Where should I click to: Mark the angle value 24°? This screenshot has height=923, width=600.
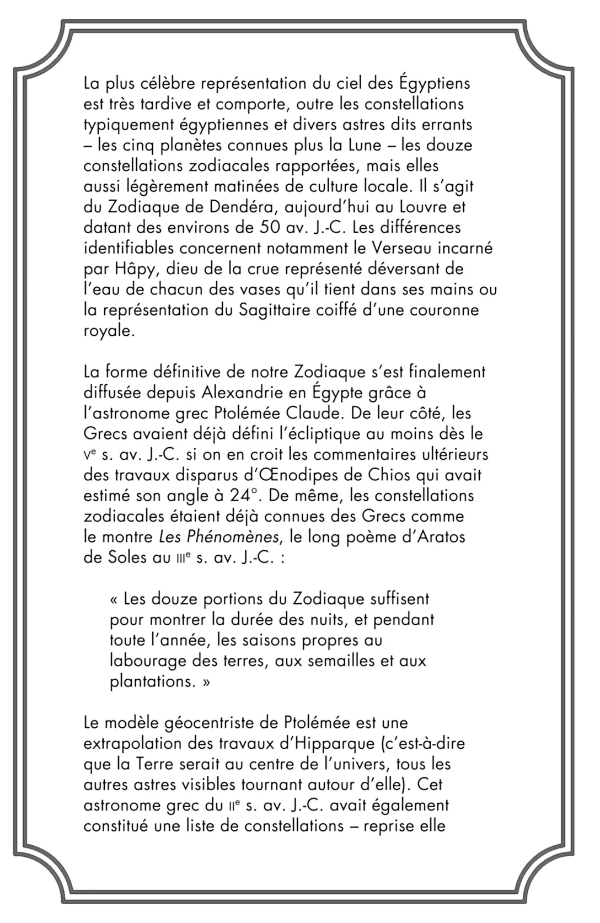point(244,495)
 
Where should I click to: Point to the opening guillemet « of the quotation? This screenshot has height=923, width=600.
point(114,598)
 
